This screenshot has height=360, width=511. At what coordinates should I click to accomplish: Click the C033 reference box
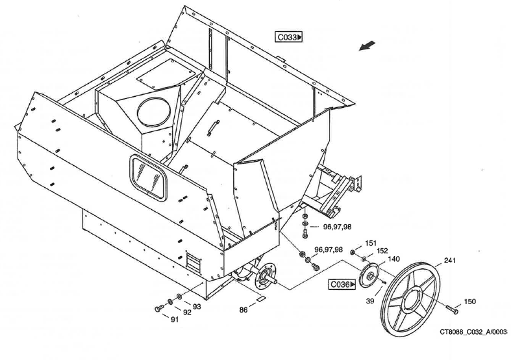(289, 38)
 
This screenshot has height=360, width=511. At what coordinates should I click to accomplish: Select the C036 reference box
(343, 284)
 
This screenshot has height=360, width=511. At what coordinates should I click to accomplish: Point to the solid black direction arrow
(368, 45)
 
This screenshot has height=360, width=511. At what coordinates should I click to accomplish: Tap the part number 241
(450, 261)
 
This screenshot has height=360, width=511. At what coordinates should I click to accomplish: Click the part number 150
(470, 302)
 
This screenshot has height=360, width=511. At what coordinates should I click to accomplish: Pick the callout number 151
(371, 243)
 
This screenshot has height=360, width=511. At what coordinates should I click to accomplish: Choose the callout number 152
(382, 251)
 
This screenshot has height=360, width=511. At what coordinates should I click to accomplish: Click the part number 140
(393, 259)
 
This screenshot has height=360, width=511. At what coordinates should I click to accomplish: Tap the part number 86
(243, 310)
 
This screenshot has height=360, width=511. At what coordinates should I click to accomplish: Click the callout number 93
(197, 306)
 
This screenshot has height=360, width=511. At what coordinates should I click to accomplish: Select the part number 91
(175, 319)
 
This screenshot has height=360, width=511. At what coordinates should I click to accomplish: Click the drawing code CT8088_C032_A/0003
(473, 332)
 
